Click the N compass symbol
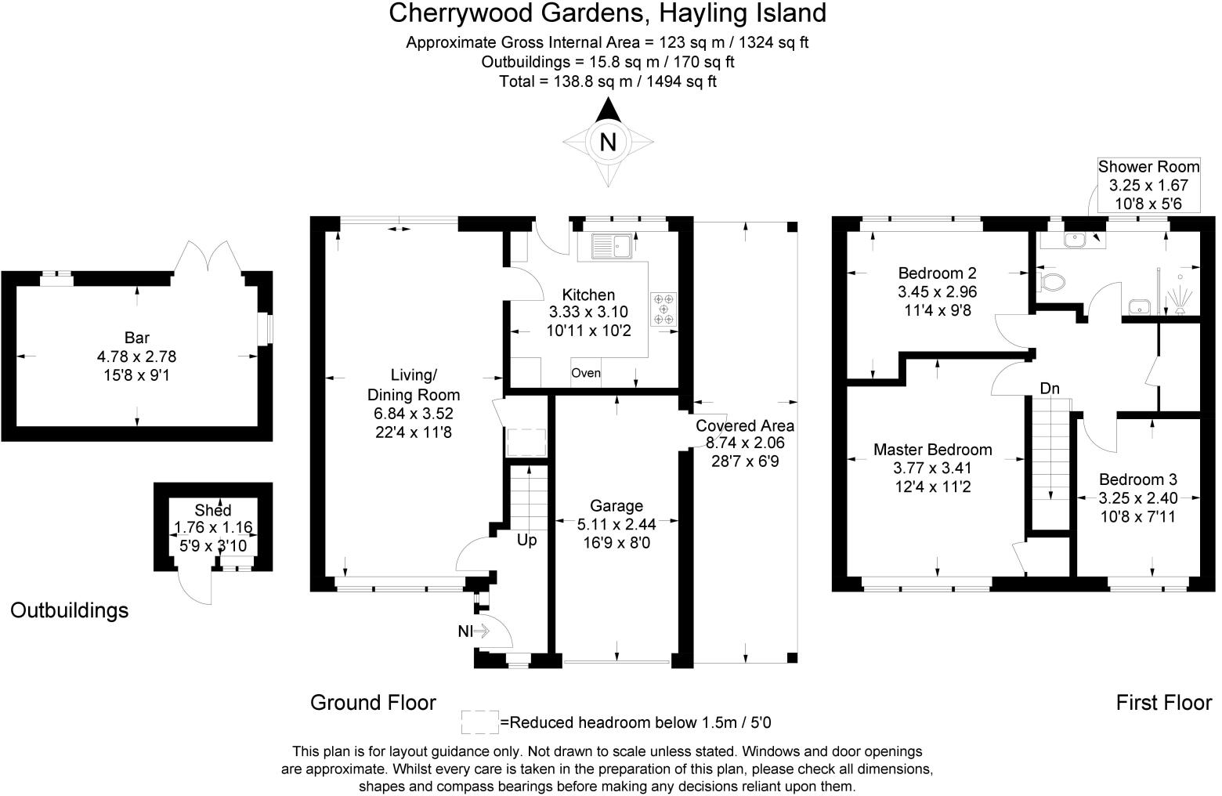click(x=607, y=143)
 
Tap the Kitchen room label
click(x=588, y=295)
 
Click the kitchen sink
click(x=612, y=246)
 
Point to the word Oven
click(x=585, y=373)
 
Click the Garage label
click(x=616, y=506)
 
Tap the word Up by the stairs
click(x=526, y=540)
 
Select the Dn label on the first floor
click(x=1050, y=389)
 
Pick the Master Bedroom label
click(x=932, y=450)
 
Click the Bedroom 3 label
click(x=1137, y=479)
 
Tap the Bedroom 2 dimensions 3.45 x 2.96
click(x=937, y=291)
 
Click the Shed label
click(x=212, y=510)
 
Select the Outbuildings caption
click(x=69, y=610)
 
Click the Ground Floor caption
click(x=373, y=703)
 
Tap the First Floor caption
click(x=1163, y=703)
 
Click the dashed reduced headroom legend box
click(x=479, y=722)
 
